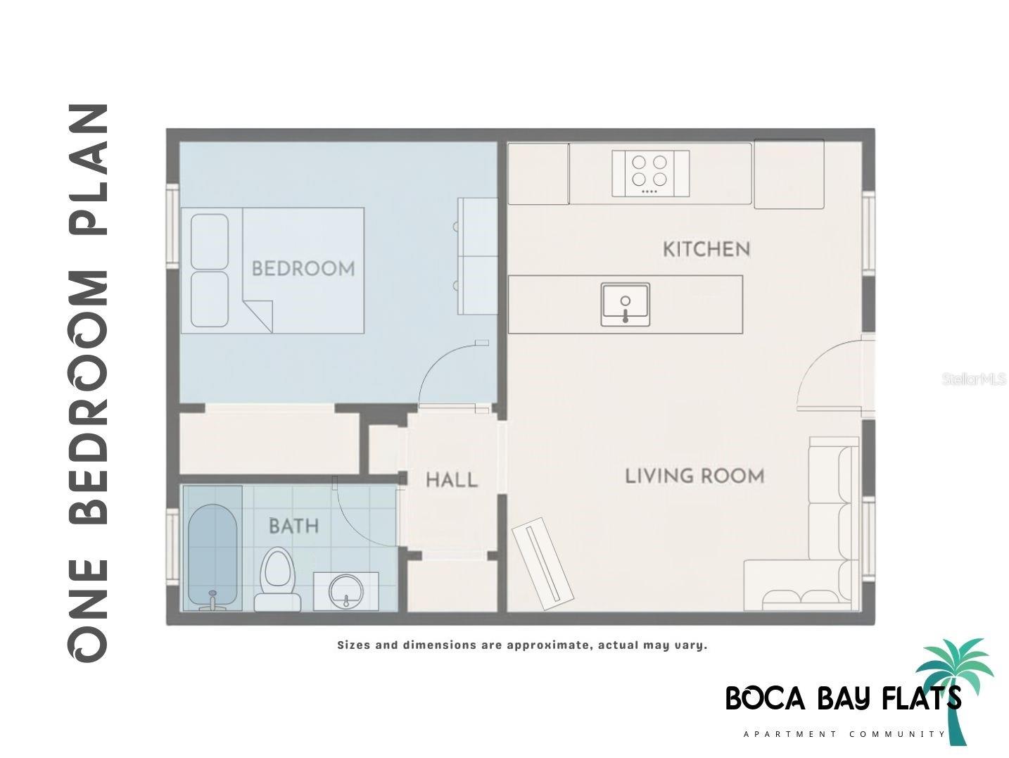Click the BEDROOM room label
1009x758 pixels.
pos(303,269)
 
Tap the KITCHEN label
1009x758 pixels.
pos(706,249)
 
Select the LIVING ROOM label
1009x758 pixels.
pos(694,476)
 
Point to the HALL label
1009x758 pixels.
pos(452,481)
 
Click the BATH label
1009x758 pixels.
pos(293,526)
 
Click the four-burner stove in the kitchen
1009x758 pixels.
pos(649,172)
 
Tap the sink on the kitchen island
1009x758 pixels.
pos(626,304)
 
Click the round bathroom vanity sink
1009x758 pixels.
pos(345,591)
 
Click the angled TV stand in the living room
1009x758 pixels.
pos(543,564)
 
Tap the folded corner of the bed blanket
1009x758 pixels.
pos(260,312)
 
